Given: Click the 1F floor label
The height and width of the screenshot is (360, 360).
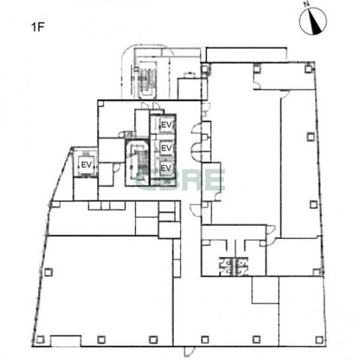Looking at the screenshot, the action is (38, 27).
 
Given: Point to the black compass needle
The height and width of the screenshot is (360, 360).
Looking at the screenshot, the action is (315, 22).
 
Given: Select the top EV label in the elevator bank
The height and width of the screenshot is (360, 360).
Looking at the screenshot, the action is (167, 125).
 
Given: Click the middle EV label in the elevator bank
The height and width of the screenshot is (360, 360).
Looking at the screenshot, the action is (167, 148).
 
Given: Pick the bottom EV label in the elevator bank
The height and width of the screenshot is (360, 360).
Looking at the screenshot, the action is (166, 168).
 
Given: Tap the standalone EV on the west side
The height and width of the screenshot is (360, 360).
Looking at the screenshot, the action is (87, 165).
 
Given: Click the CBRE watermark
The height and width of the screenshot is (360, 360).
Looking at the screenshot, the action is (181, 180).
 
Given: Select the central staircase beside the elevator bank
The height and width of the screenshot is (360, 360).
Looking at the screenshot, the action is (137, 162).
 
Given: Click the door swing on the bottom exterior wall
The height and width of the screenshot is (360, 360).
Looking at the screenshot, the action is (188, 351).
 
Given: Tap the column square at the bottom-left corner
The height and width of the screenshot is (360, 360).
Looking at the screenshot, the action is (40, 339).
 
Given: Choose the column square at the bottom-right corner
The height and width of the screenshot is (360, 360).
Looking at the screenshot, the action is (319, 339).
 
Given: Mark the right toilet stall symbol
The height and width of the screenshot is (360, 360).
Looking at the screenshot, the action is (242, 266).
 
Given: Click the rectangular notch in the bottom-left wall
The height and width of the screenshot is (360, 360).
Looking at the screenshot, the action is (66, 341).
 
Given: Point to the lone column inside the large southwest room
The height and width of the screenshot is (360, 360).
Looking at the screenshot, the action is (48, 272).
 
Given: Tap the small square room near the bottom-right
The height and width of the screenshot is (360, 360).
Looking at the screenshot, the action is (265, 290).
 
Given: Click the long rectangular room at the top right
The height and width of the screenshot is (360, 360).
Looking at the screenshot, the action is (246, 55).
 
